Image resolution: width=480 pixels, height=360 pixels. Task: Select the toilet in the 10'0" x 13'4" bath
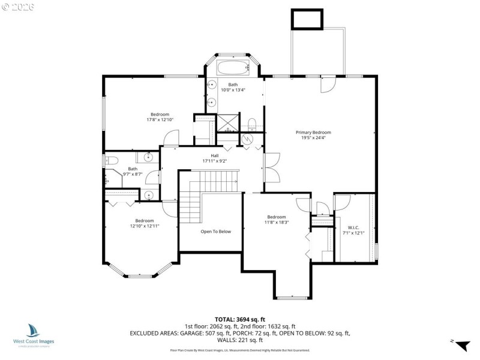click(x=252, y=124)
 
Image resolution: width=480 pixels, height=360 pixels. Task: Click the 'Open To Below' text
click(x=215, y=231)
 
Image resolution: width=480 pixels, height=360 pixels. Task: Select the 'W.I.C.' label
click(x=353, y=227)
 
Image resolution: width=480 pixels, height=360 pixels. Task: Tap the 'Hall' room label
click(x=214, y=155)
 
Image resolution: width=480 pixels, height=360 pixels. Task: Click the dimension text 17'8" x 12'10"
click(x=160, y=119)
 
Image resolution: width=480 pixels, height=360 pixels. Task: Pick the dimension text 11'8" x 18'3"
click(x=276, y=222)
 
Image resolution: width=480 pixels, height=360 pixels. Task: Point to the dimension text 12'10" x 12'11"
click(x=144, y=226)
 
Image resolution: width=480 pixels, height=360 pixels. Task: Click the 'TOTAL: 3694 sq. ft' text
click(x=239, y=319)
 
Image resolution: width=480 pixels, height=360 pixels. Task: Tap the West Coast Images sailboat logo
click(x=33, y=330)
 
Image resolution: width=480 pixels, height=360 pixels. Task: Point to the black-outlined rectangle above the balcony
click(x=307, y=19)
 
